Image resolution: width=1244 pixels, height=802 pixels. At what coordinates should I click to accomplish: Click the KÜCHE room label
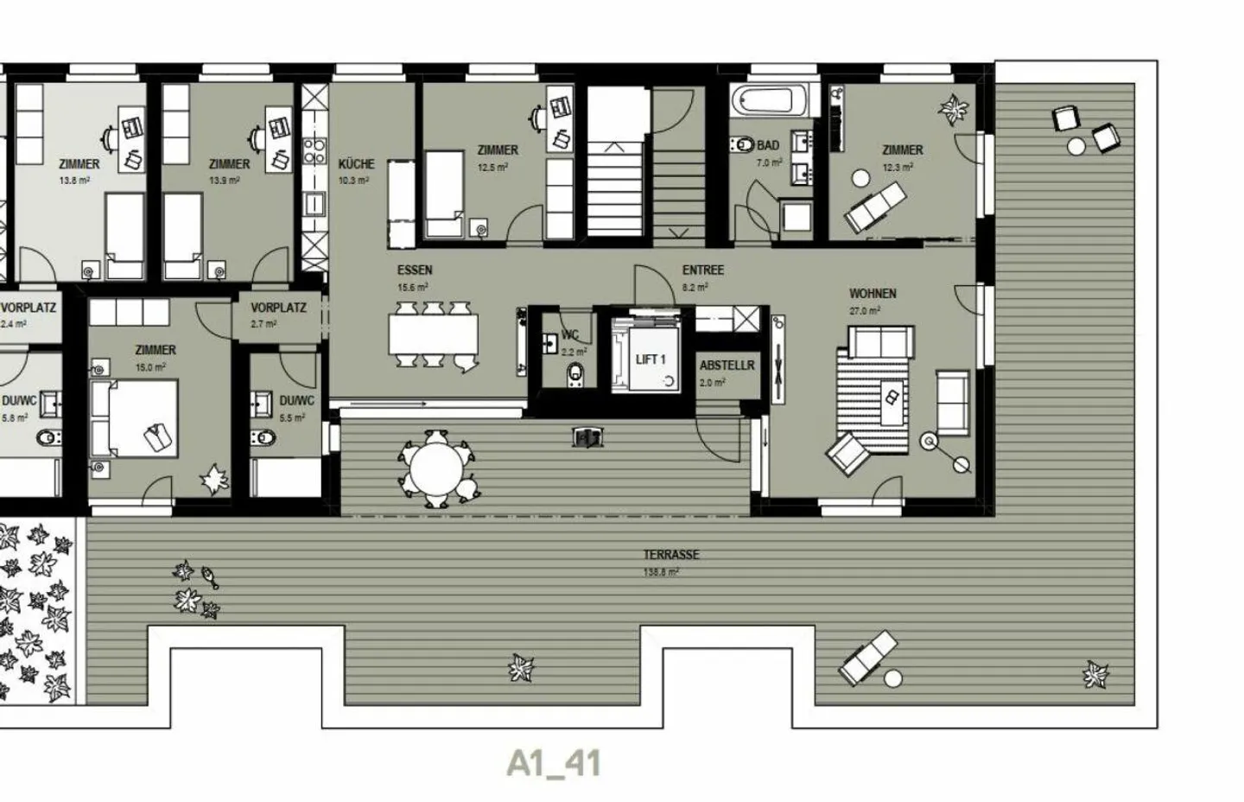(x=356, y=163)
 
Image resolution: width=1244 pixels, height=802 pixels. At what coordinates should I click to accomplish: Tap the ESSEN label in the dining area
(x=415, y=271)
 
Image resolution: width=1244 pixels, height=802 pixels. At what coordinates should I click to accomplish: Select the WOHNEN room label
(x=873, y=294)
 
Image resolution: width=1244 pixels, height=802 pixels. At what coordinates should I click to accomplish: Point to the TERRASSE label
(x=671, y=555)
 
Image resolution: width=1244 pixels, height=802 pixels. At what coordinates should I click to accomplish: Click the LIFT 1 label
(x=651, y=360)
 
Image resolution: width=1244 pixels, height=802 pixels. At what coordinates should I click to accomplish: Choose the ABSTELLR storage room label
(x=727, y=366)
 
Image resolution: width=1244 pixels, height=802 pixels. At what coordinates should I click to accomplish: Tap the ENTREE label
(x=703, y=271)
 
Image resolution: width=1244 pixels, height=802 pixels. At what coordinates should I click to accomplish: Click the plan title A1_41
(x=554, y=764)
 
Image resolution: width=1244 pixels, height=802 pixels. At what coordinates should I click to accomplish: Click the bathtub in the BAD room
(x=774, y=101)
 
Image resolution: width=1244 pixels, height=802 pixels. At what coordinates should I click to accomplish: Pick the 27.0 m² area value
(x=864, y=311)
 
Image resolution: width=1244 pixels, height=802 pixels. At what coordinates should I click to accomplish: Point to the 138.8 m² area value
(x=661, y=572)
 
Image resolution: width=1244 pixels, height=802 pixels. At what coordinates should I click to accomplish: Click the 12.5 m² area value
(x=492, y=168)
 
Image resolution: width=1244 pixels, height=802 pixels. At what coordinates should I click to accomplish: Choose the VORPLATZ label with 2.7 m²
(x=278, y=308)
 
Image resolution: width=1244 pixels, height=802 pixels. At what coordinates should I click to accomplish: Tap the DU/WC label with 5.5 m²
(x=296, y=401)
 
